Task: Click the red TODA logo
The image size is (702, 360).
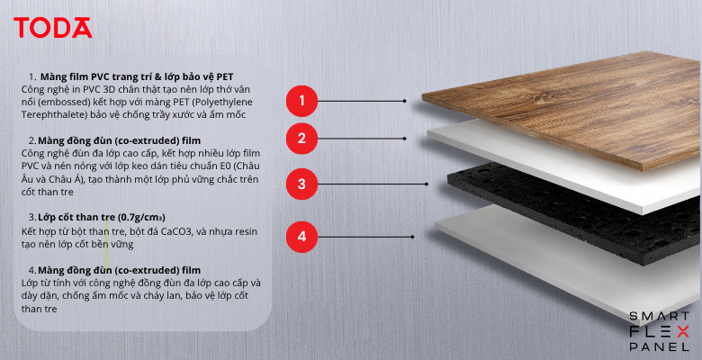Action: [53, 28]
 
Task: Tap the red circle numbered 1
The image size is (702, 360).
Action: [301, 101]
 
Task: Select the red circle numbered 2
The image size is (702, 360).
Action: [301, 139]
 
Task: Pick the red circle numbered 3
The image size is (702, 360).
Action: [301, 184]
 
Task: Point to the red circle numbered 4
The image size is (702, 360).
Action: [301, 237]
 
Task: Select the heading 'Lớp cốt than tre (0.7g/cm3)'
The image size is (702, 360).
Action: [102, 218]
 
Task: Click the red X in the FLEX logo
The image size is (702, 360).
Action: [682, 332]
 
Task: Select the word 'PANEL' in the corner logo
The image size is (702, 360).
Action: [659, 346]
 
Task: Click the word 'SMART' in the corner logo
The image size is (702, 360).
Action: [659, 317]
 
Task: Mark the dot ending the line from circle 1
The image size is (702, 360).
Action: [405, 101]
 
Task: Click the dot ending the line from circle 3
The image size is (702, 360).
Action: [427, 184]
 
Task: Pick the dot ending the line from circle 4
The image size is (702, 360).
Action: [413, 237]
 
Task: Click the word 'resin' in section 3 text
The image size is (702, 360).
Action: [246, 231]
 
